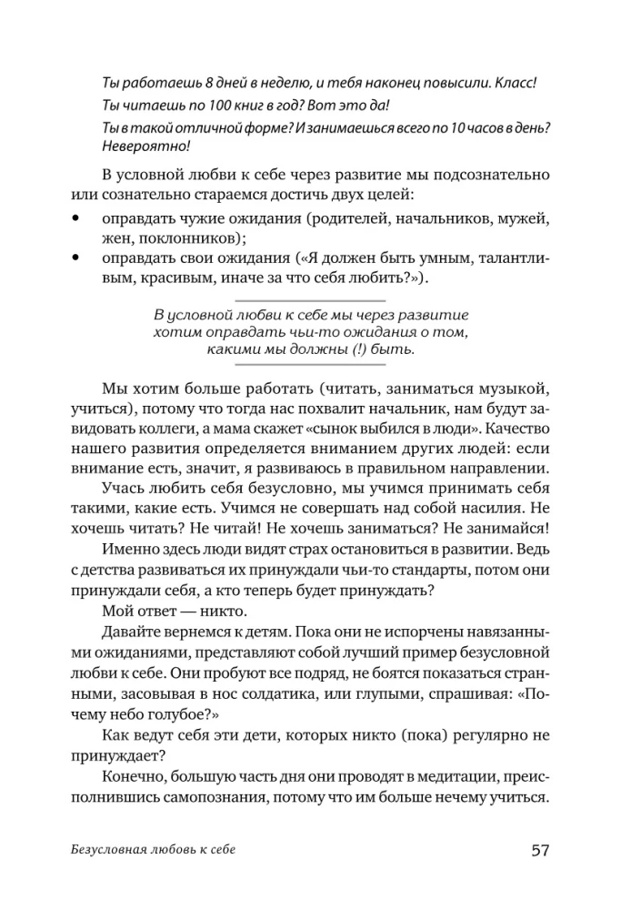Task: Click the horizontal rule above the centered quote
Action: click(x=310, y=299)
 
